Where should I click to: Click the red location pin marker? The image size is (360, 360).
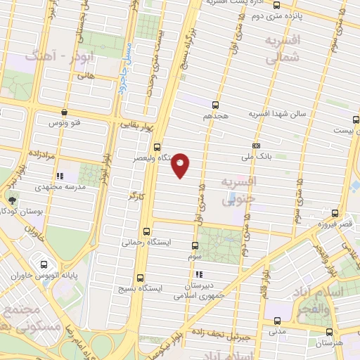tap(181, 165)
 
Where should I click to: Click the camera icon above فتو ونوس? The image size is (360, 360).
tap(65, 112)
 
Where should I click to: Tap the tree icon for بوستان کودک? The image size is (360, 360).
tap(14, 199)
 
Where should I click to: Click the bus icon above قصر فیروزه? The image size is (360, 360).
tap(334, 212)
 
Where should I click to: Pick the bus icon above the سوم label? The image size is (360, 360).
tap(195, 245)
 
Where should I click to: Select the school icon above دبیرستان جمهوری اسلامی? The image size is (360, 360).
tap(200, 274)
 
